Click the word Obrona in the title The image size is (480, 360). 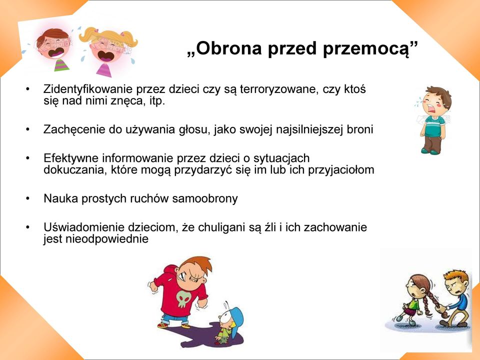click(x=228, y=48)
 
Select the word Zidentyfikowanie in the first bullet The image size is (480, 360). click(x=88, y=89)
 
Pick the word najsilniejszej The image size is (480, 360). click(x=309, y=130)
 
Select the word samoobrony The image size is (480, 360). click(x=205, y=198)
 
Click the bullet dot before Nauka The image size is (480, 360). click(x=28, y=198)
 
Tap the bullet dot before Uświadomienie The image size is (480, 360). click(x=28, y=227)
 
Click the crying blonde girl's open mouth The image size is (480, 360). click(x=105, y=56)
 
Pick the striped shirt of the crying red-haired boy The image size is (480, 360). click(x=62, y=65)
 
